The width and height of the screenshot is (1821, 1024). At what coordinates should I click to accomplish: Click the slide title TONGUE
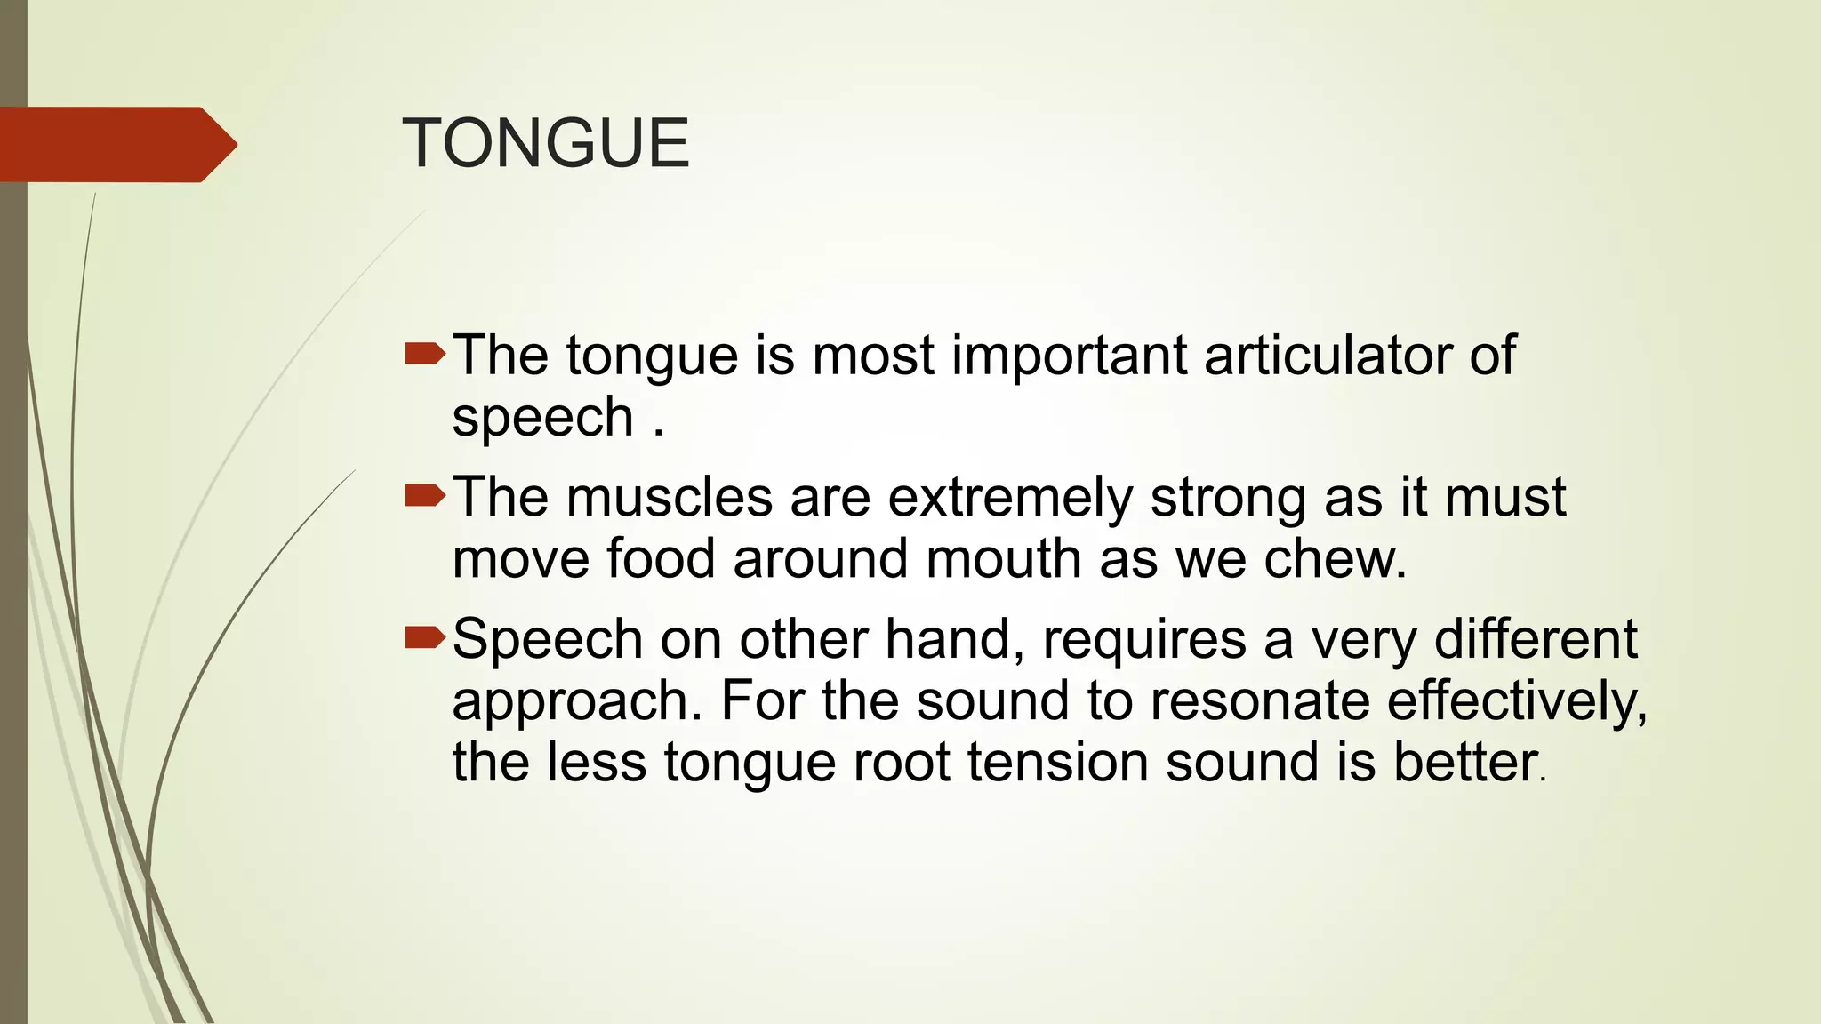click(x=546, y=143)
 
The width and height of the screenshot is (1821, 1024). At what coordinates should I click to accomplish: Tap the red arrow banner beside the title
click(x=116, y=144)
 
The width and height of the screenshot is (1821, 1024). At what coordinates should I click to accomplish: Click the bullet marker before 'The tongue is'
click(x=424, y=356)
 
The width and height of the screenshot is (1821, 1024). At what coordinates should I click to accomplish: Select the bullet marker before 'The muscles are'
click(x=424, y=496)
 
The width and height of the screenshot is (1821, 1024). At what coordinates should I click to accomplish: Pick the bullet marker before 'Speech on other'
click(x=424, y=637)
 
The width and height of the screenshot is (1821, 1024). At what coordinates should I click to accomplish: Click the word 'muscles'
click(x=670, y=497)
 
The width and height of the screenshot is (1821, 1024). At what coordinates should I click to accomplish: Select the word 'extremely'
click(x=1010, y=499)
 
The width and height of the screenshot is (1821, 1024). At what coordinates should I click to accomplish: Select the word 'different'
click(x=1536, y=639)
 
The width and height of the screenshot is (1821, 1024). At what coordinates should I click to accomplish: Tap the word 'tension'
click(x=1058, y=763)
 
